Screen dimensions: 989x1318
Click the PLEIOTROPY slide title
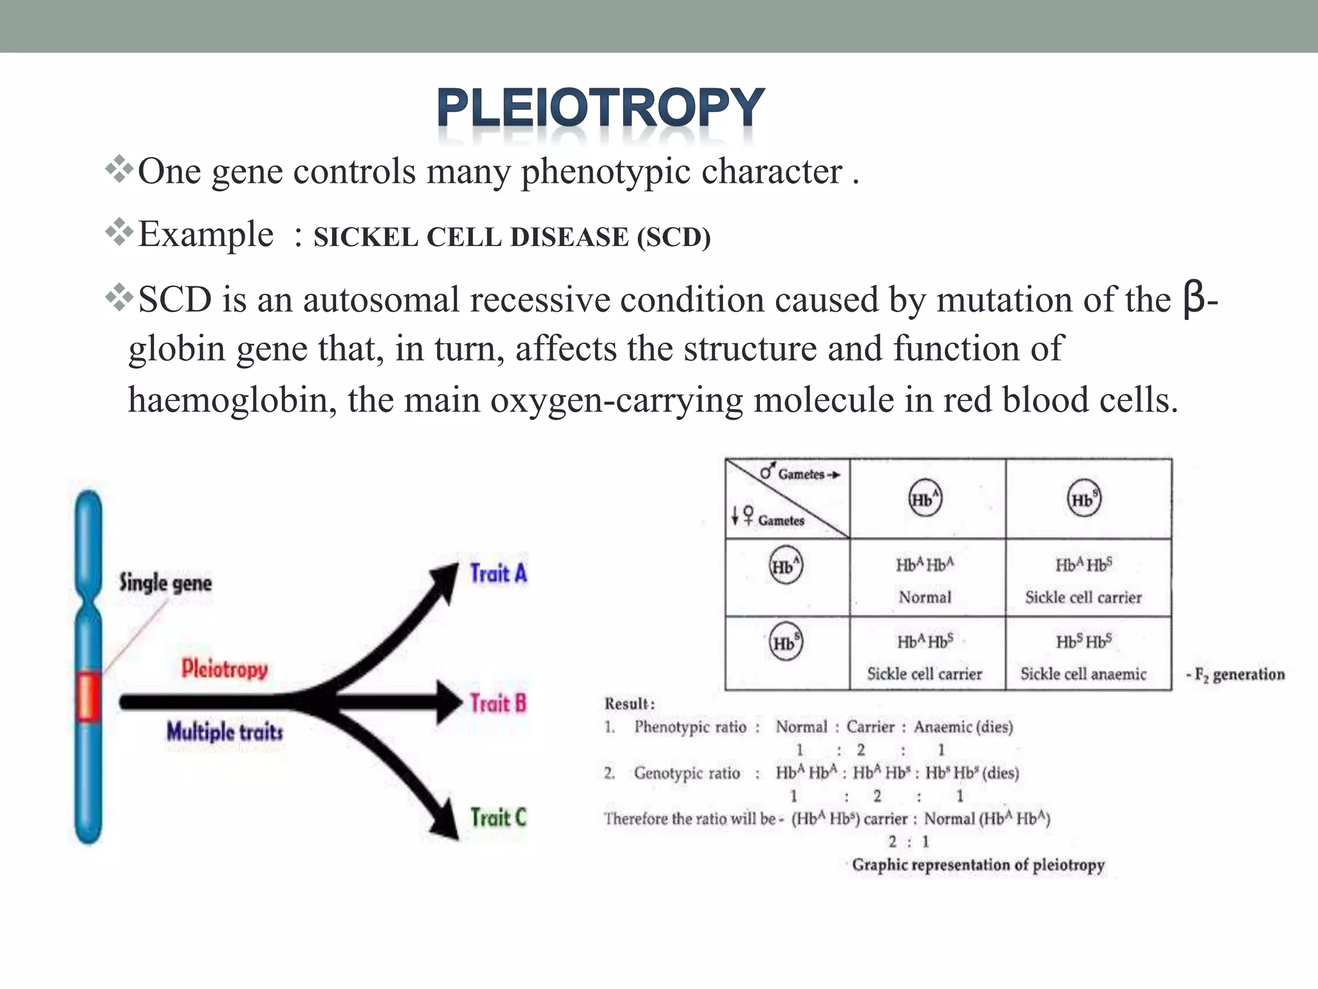pyautogui.click(x=600, y=108)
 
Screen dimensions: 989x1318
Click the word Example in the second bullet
pyautogui.click(x=205, y=234)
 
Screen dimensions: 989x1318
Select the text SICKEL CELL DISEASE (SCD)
pyautogui.click(x=512, y=237)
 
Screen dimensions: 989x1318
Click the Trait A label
pyautogui.click(x=498, y=573)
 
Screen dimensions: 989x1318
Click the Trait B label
pyautogui.click(x=497, y=703)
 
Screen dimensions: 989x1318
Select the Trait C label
pyautogui.click(x=498, y=818)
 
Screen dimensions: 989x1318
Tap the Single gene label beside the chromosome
pyautogui.click(x=165, y=583)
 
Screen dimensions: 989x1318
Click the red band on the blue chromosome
pyautogui.click(x=88, y=696)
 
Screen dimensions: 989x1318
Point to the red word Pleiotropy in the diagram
pyautogui.click(x=224, y=668)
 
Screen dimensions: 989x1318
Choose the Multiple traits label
pyautogui.click(x=225, y=731)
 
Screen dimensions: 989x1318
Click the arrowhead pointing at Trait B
pyautogui.click(x=449, y=702)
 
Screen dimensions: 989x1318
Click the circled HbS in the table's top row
pyautogui.click(x=1084, y=499)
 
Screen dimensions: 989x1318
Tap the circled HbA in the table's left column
pyautogui.click(x=786, y=566)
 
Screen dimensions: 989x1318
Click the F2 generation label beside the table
pyautogui.click(x=1236, y=674)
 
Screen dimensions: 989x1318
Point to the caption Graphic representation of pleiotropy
pyautogui.click(x=978, y=865)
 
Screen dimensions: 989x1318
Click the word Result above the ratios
pyautogui.click(x=628, y=704)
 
